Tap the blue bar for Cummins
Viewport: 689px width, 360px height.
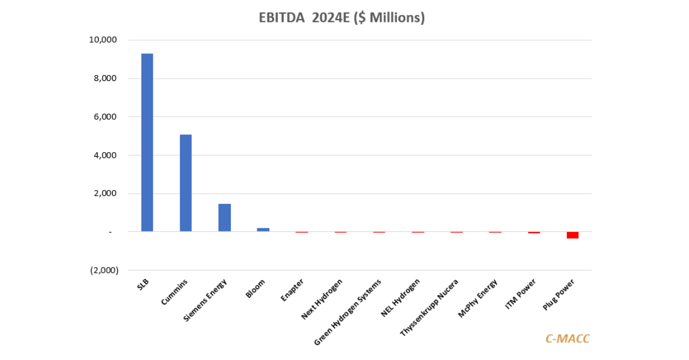point(185,183)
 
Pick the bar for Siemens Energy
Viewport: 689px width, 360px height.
point(224,218)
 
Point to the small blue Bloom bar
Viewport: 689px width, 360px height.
point(263,230)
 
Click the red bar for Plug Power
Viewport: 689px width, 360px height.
point(572,235)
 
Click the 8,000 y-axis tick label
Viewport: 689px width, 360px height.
point(106,79)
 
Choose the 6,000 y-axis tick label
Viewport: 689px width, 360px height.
point(106,117)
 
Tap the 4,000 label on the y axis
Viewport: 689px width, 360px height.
point(106,155)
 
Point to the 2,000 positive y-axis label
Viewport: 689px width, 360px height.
point(106,193)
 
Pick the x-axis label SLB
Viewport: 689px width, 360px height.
point(143,285)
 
